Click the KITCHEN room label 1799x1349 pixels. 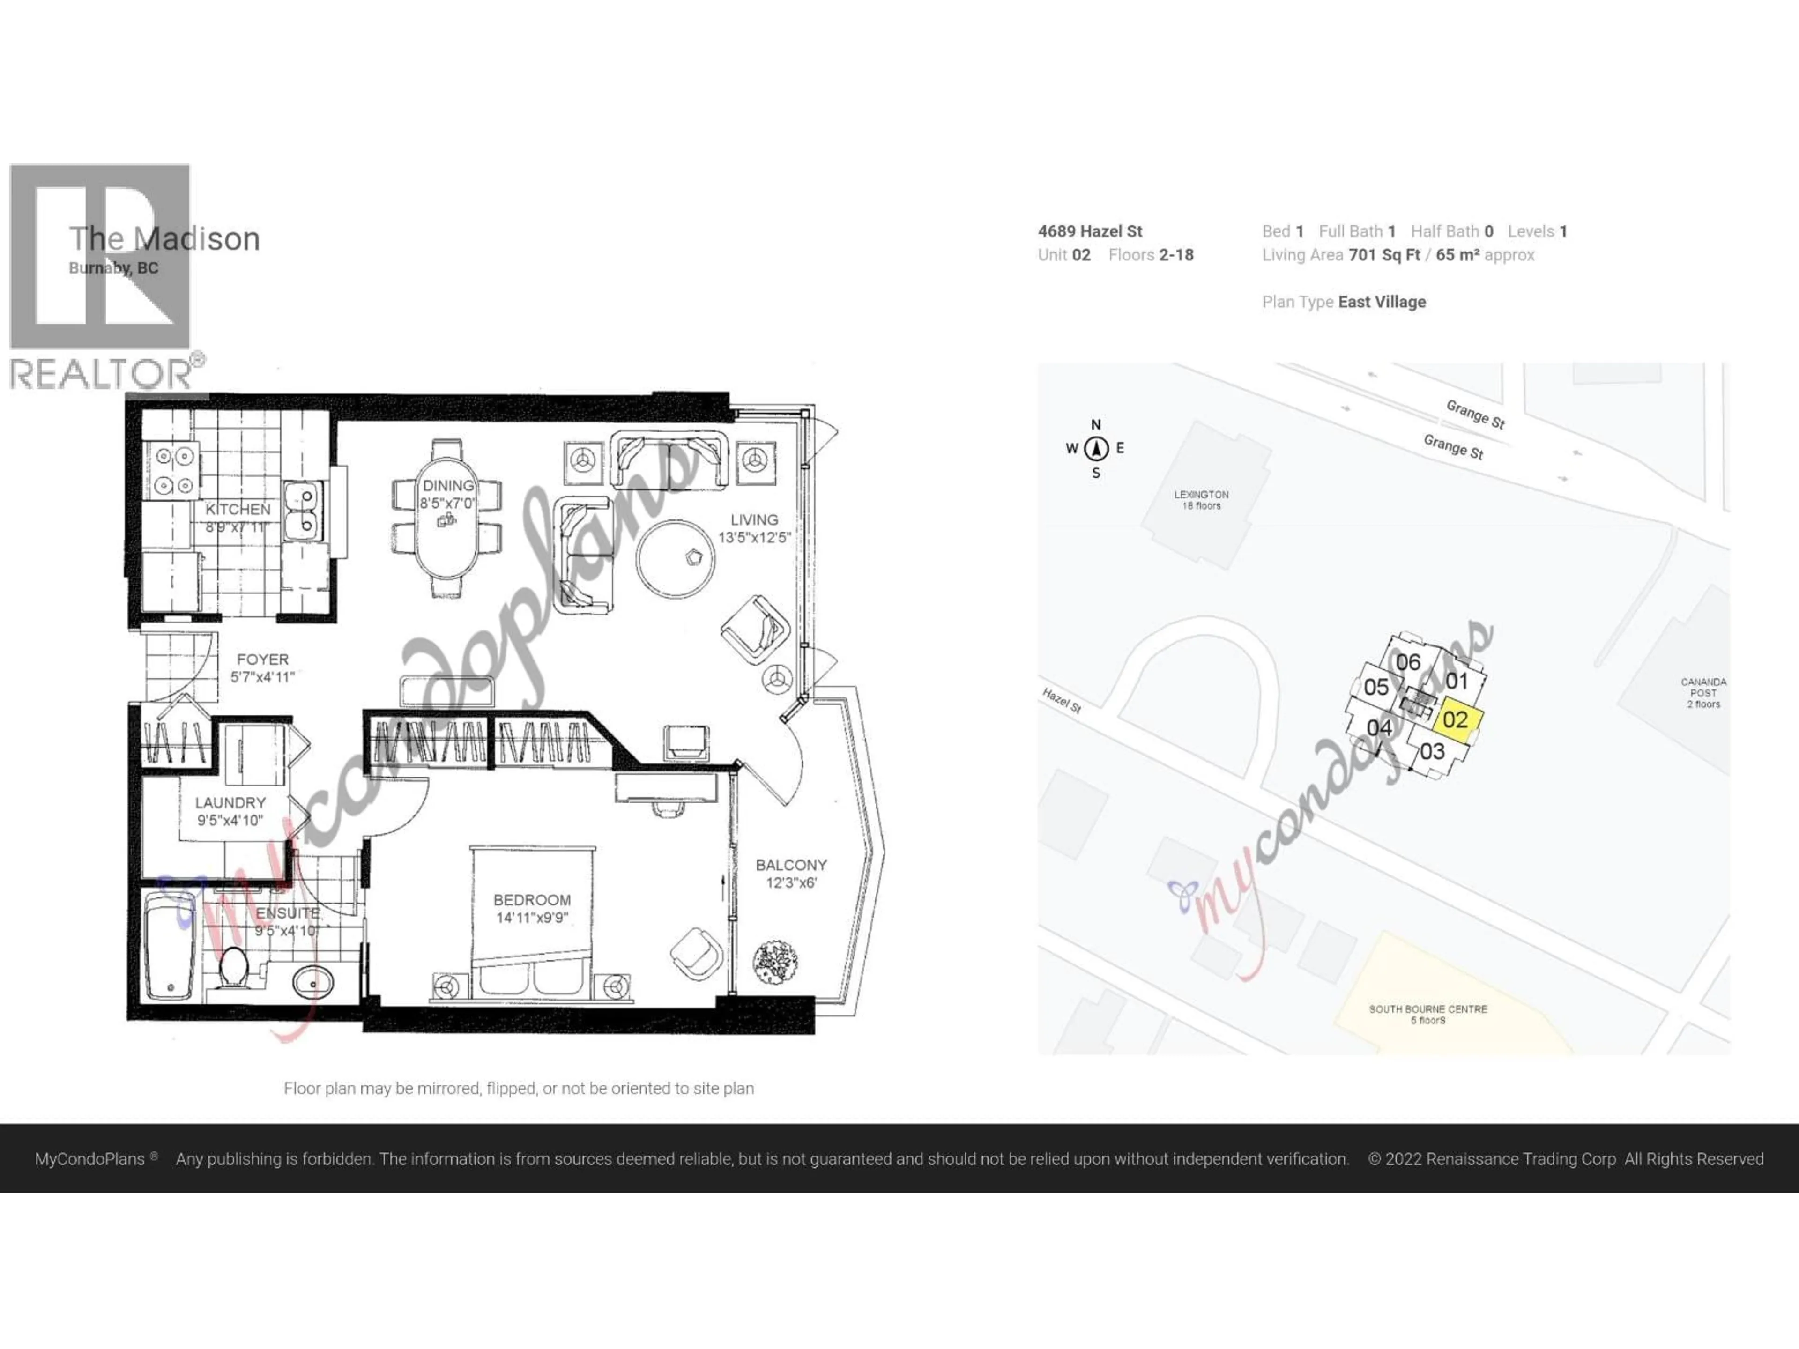coord(238,509)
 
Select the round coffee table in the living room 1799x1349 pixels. coord(676,559)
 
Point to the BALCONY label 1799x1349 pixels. coord(790,865)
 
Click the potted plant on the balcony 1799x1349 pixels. coord(774,962)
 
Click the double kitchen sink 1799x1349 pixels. coord(303,510)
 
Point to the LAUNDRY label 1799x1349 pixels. coord(230,802)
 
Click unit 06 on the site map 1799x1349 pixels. coord(1408,662)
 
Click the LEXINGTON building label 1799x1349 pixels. coord(1201,494)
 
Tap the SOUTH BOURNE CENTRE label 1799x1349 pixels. coord(1428,1009)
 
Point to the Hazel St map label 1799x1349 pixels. coord(1061,700)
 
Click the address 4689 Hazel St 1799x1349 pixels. coord(1090,232)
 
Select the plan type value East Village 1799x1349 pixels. coord(1382,302)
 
